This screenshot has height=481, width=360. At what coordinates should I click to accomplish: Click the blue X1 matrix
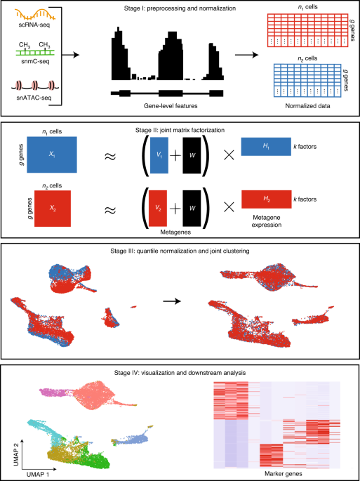pyautogui.click(x=52, y=155)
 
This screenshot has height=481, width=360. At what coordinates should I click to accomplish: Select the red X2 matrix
pyautogui.click(x=53, y=209)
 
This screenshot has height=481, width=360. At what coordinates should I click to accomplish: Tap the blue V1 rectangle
pyautogui.click(x=159, y=156)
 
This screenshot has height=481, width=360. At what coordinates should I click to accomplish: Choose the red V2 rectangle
pyautogui.click(x=158, y=209)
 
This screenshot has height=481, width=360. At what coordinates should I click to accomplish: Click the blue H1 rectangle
pyautogui.click(x=266, y=146)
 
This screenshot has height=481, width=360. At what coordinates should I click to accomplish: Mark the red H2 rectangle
pyautogui.click(x=266, y=199)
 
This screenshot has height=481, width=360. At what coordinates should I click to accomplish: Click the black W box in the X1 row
pyautogui.click(x=192, y=156)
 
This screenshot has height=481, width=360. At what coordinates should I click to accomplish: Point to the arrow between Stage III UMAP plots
pyautogui.click(x=172, y=301)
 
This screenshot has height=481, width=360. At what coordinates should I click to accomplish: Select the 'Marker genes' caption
pyautogui.click(x=275, y=473)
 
